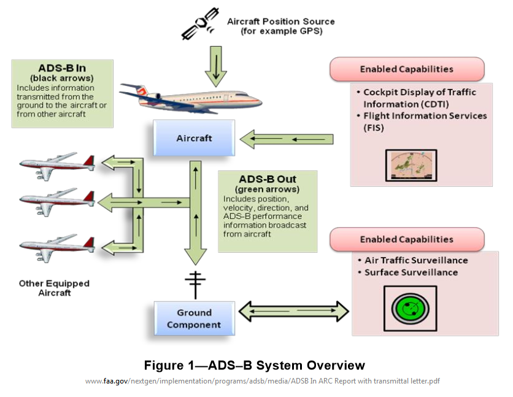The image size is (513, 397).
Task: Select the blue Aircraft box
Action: point(194,138)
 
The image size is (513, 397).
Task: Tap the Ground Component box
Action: point(194,318)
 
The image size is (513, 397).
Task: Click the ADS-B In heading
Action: point(61,68)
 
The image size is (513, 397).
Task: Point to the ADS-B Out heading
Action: point(268,179)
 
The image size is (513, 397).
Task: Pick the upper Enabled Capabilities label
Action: point(406,69)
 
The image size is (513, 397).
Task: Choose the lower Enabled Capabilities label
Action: point(406,239)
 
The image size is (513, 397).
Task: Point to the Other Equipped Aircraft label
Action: point(54,288)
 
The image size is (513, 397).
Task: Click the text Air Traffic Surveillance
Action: point(415,260)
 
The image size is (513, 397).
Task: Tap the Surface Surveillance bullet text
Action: point(411,272)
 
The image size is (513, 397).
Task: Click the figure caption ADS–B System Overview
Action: point(254,366)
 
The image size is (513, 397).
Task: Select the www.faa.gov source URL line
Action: point(262,382)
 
